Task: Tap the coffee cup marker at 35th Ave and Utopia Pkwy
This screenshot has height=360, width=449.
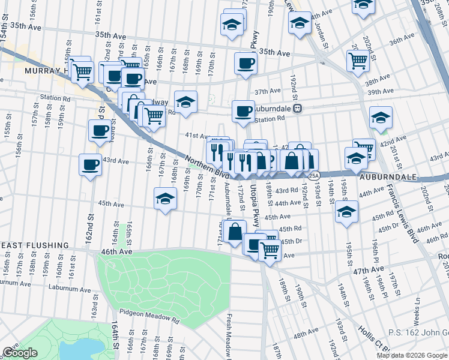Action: [x=245, y=63]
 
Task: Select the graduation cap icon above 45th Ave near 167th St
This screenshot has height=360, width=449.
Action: [x=166, y=199]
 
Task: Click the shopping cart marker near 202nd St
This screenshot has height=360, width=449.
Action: [x=357, y=60]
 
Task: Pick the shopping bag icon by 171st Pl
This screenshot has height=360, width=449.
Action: [x=235, y=231]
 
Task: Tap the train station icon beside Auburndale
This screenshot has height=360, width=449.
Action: [x=306, y=109]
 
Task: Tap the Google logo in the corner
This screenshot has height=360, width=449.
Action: [x=20, y=353]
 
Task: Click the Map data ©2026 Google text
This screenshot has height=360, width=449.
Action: [x=411, y=355]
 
